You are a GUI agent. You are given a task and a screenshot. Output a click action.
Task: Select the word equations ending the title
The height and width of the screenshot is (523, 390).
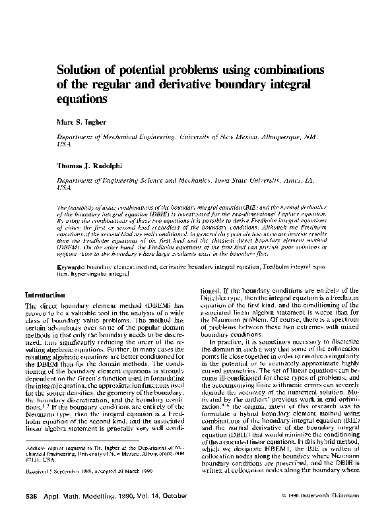82,99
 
